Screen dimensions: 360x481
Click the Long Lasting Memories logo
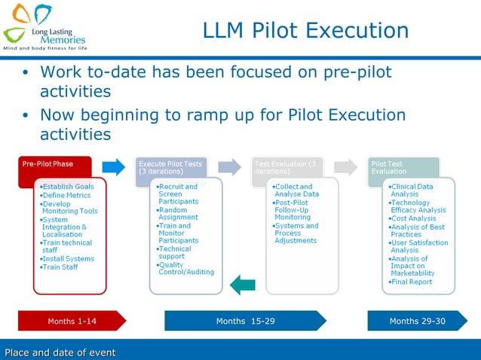[45, 26]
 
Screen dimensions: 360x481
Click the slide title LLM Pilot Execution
[305, 31]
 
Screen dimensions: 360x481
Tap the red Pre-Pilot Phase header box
[54, 166]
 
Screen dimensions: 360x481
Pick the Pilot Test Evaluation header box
[403, 166]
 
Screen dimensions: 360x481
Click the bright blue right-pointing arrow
[113, 166]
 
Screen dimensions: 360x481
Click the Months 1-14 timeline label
[72, 322]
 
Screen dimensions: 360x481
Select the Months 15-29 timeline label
[245, 322]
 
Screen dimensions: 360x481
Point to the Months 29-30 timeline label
[417, 322]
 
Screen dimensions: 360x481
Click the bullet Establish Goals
[67, 187]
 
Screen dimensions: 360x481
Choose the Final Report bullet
[411, 282]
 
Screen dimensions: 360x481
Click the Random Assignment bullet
[178, 214]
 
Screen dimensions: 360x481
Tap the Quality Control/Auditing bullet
[185, 268]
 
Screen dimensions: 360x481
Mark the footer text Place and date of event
[60, 352]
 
